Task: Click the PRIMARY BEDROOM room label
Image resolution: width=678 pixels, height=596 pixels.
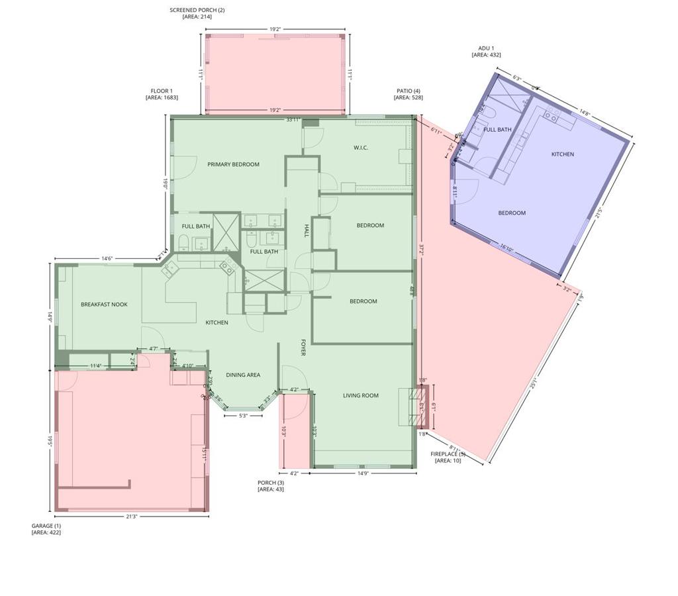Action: [x=233, y=164]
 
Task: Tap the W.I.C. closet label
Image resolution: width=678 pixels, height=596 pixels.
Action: [x=361, y=148]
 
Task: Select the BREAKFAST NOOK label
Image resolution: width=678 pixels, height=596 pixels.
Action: [x=104, y=305]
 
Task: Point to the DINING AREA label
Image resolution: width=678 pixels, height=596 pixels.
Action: [x=243, y=375]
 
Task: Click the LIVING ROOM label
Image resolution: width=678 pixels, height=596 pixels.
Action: [x=361, y=395]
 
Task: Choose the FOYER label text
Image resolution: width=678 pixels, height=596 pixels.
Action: [x=303, y=348]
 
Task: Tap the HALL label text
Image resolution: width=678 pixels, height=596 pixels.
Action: [x=307, y=230]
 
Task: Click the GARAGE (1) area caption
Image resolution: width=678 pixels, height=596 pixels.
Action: [x=46, y=529]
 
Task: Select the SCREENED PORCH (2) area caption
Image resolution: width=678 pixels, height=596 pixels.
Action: [x=197, y=13]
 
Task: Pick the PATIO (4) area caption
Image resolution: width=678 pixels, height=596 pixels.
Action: [x=409, y=94]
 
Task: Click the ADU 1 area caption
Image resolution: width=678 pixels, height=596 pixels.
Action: [x=486, y=52]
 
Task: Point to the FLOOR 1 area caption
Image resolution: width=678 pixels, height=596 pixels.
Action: [x=162, y=94]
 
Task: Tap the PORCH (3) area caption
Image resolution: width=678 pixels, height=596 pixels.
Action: [x=271, y=486]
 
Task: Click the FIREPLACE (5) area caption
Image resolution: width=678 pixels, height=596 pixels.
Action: [x=448, y=457]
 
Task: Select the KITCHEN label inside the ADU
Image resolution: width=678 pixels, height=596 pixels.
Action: [x=563, y=154]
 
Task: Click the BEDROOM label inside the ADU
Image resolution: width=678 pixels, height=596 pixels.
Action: [x=512, y=213]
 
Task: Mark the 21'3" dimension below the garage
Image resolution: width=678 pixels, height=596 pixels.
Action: [x=132, y=517]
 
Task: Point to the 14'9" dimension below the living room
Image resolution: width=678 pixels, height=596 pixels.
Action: [x=363, y=473]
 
